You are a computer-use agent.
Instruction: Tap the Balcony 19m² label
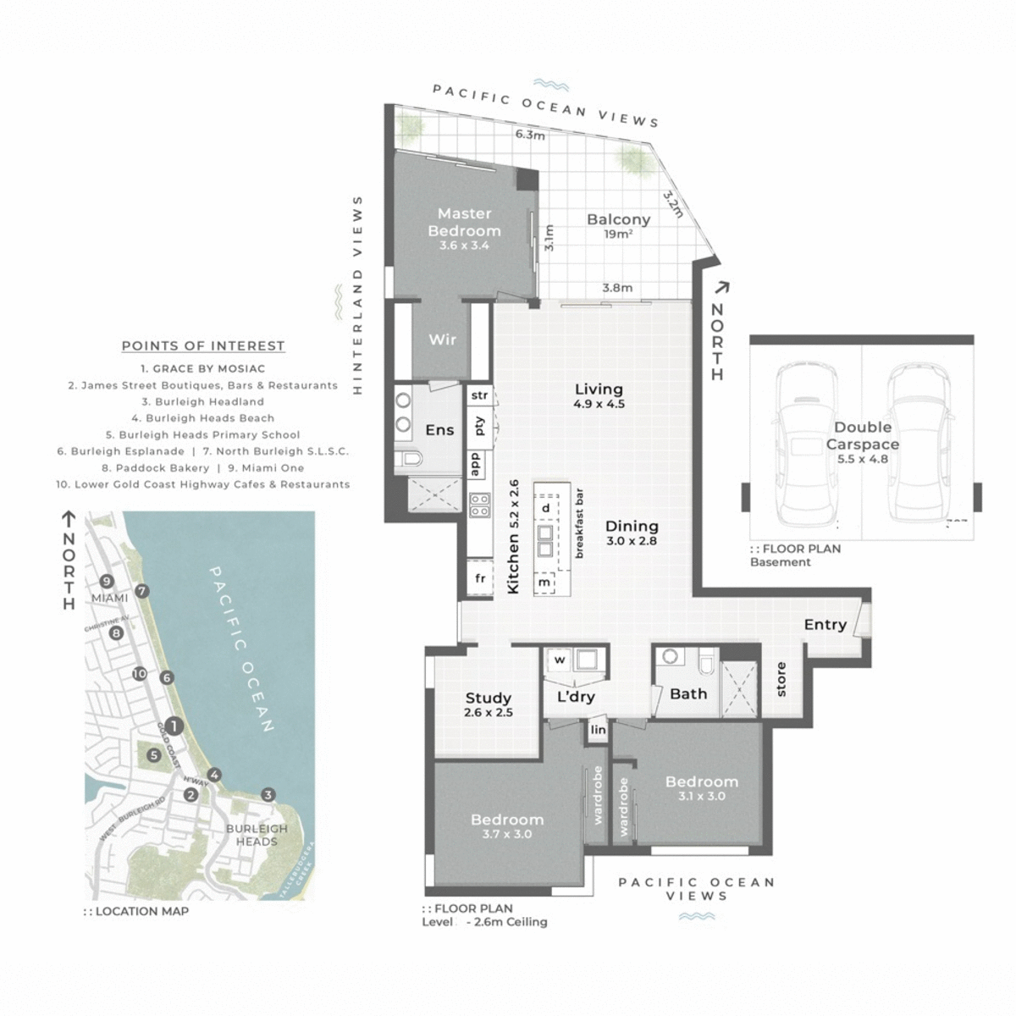(618, 224)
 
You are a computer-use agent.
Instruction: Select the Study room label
(489, 703)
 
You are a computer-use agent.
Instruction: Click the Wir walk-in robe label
(442, 340)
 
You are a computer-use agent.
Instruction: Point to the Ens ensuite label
(439, 430)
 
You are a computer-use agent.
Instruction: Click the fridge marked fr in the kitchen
(480, 578)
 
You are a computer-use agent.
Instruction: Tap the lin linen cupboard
(599, 730)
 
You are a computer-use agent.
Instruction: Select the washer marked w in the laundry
(560, 659)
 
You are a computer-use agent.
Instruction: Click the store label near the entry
(781, 679)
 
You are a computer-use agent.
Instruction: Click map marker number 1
(174, 726)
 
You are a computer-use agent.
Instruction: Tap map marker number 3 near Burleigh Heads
(268, 794)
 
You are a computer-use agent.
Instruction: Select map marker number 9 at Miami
(106, 581)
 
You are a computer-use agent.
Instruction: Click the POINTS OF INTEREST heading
(203, 345)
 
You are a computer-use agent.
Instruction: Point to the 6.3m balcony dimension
(530, 135)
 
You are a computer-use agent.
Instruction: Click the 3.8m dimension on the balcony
(616, 288)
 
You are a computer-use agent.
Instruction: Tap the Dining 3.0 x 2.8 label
(631, 533)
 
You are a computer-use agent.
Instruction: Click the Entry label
(825, 625)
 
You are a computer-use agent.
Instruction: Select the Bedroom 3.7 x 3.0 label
(507, 825)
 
